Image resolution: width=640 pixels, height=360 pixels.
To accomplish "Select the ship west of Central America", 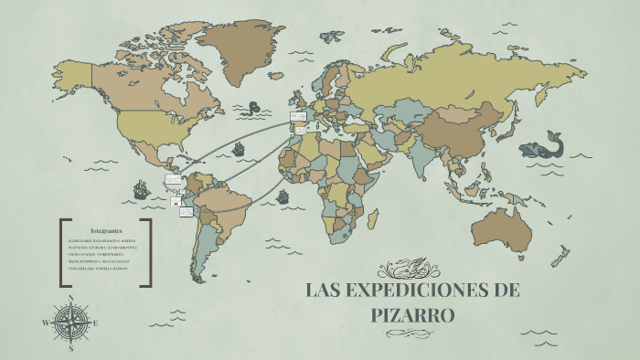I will pos(141,191).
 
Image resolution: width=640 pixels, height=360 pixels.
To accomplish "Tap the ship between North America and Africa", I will pos(240,148).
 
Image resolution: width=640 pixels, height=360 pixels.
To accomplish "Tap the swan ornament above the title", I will pos(412,269).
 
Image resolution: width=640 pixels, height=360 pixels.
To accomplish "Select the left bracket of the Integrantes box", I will pos(62,252).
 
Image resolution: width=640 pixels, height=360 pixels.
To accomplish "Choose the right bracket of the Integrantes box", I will pos(148,252).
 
